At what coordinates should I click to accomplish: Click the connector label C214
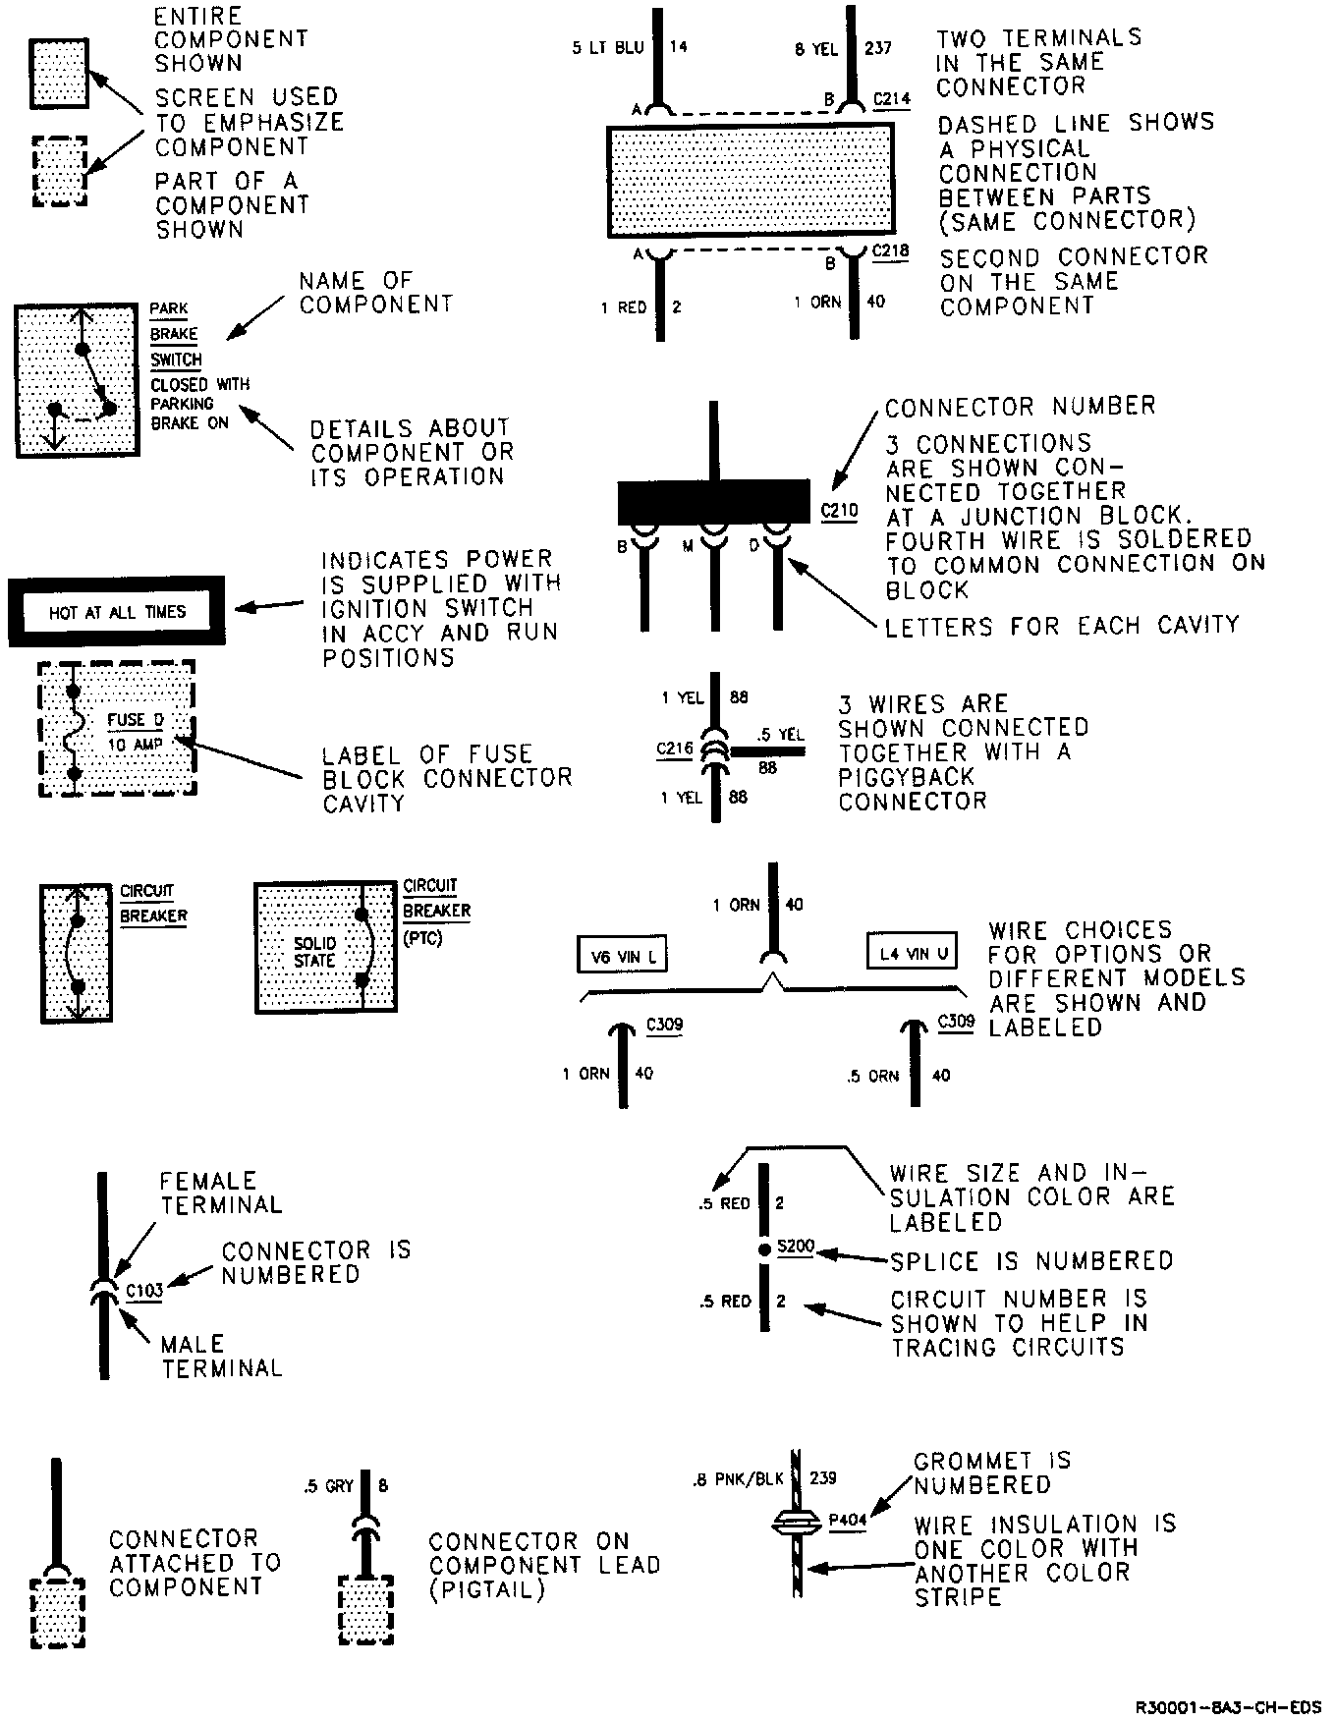coord(891,99)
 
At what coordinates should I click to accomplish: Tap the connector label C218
coord(891,251)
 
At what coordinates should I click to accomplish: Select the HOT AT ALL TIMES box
coord(117,612)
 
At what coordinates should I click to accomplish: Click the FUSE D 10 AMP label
coord(136,732)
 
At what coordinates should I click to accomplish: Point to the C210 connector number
coord(839,511)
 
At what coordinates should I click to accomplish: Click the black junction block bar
coord(714,502)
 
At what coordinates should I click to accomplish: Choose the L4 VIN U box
coord(913,952)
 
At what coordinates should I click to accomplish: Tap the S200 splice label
coord(796,1247)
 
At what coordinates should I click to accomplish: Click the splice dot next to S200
coord(764,1250)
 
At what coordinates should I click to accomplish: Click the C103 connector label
coord(144,1290)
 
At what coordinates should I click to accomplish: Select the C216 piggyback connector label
coord(675,749)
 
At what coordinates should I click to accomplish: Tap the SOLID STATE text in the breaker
coord(314,952)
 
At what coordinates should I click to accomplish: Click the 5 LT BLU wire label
coord(607,47)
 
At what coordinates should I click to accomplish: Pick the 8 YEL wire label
coord(816,48)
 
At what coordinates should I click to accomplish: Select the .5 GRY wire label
coord(328,1486)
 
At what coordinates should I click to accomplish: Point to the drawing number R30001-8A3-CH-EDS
coord(1228,1706)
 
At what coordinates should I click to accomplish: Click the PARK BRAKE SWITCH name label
coord(176,334)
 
